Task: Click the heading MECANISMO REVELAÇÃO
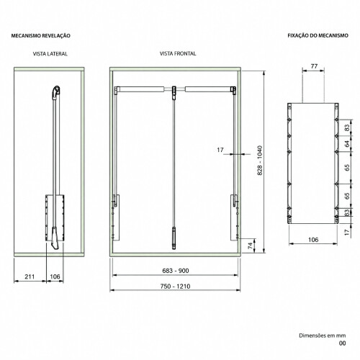coord(41,36)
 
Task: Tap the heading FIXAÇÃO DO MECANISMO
coord(318,35)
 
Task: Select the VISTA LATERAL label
coord(50,54)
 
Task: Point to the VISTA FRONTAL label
coord(178,53)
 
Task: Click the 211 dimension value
coord(30,276)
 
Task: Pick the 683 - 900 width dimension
coord(176,271)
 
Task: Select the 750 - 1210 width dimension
coord(175,286)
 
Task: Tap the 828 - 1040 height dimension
coord(260,160)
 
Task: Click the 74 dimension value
coord(250,246)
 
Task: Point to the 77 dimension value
coord(314,66)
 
